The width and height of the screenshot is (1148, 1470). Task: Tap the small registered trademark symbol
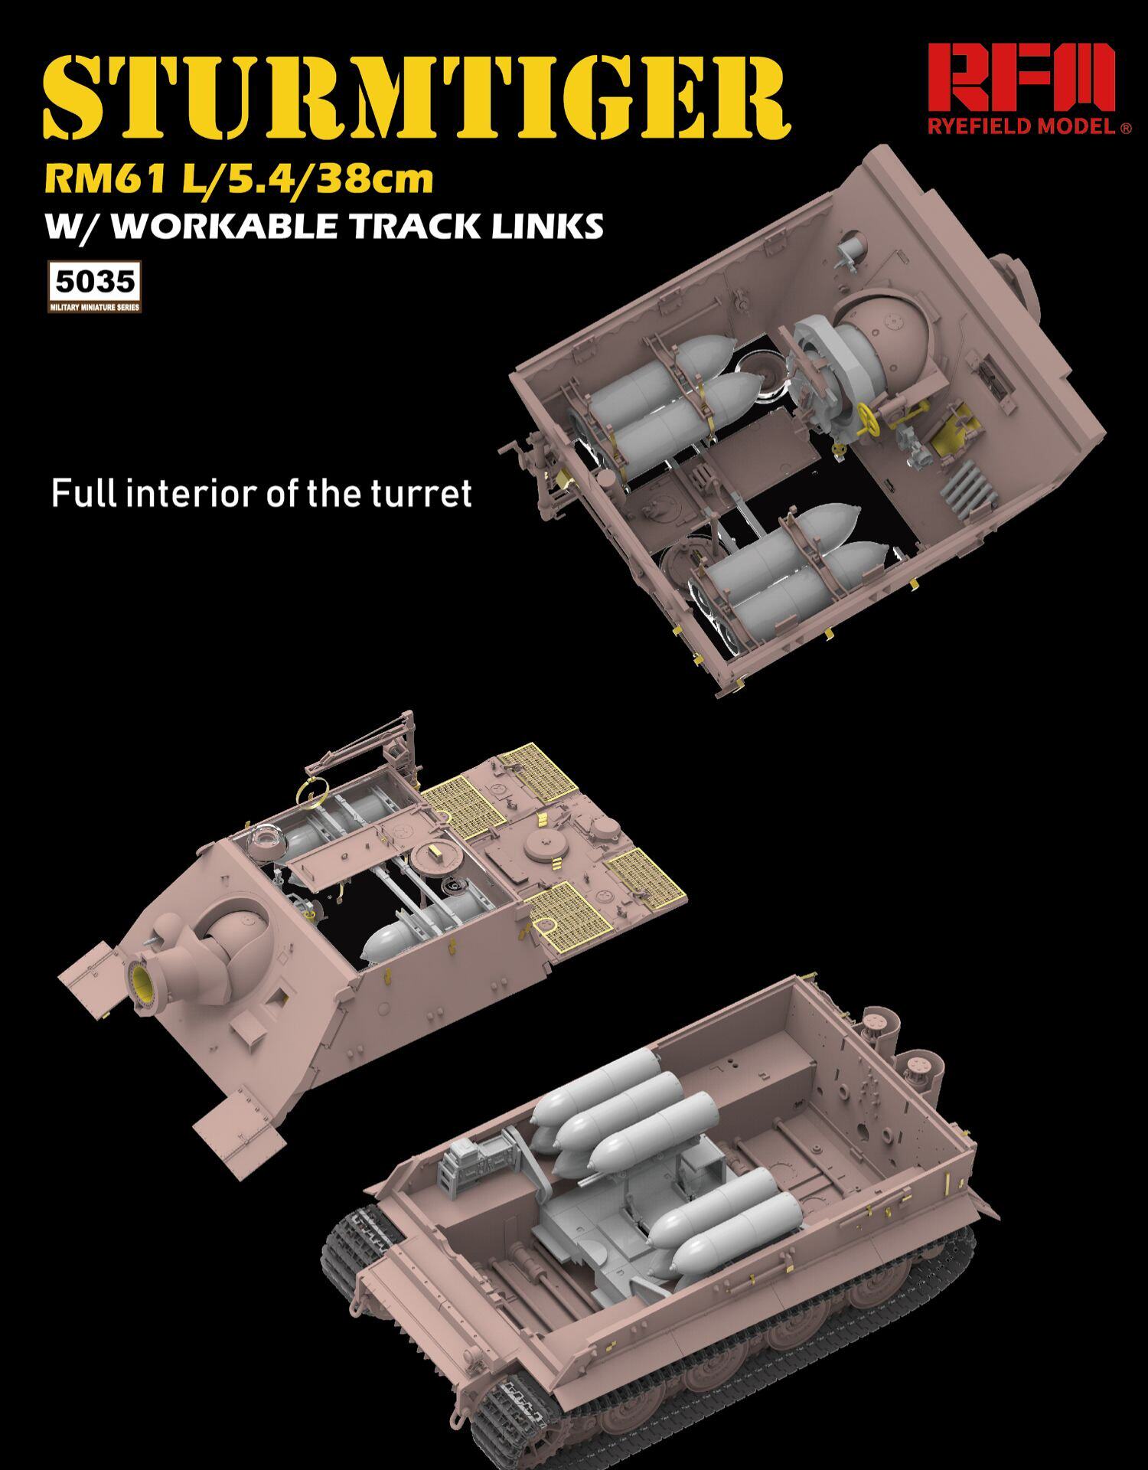click(x=1125, y=129)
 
